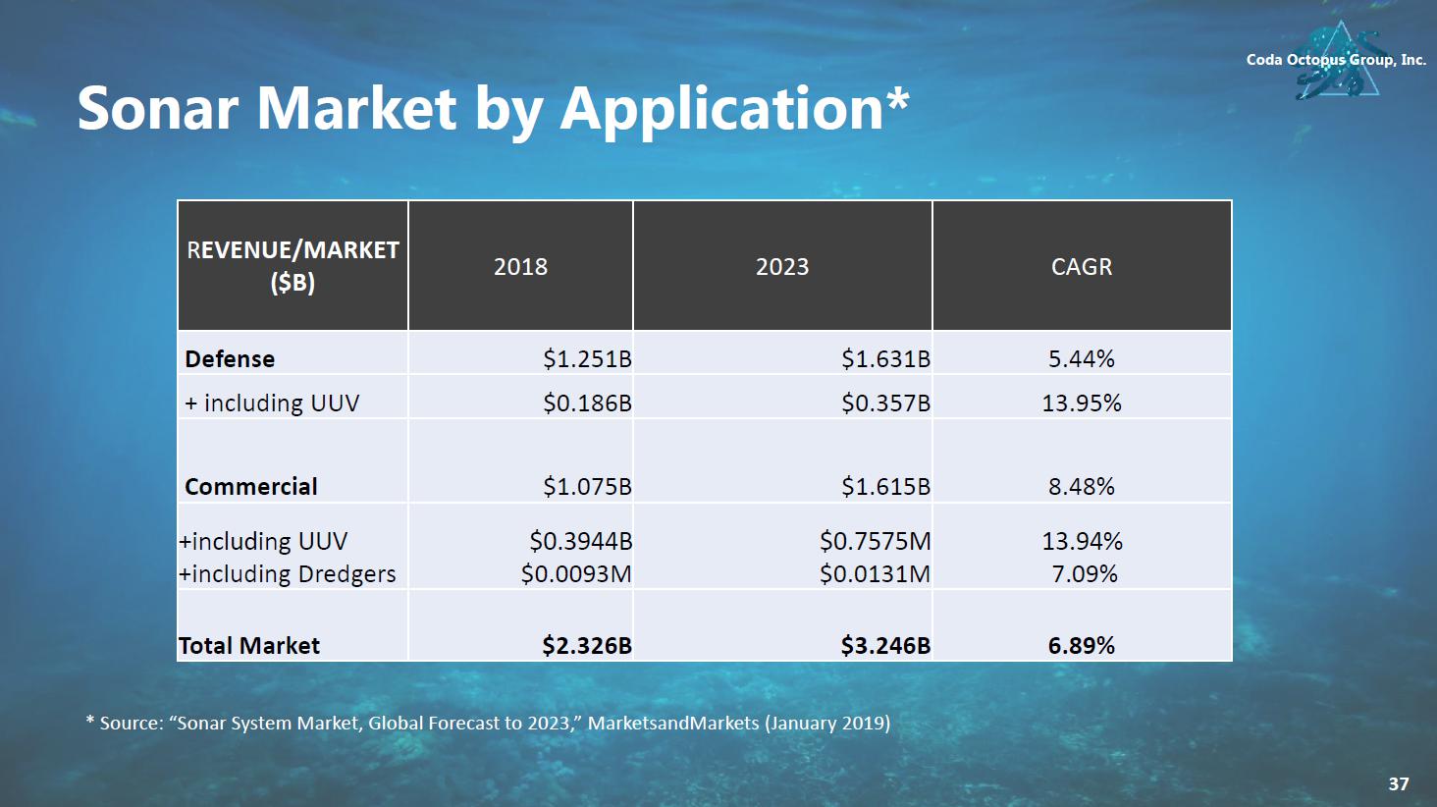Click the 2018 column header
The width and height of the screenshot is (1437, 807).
pos(520,266)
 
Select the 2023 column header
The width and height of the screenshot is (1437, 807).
pos(782,266)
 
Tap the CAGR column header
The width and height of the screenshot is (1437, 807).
pos(1082,266)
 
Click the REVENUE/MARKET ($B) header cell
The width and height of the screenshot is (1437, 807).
pos(293,266)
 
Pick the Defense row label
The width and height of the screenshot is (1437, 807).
pos(230,359)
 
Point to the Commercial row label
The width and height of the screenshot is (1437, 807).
pos(251,487)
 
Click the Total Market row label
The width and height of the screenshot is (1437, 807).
pos(249,646)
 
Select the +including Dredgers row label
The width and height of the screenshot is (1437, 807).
pos(288,574)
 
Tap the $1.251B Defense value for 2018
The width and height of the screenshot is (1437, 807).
pos(587,359)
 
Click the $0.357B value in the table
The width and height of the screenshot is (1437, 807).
pos(885,403)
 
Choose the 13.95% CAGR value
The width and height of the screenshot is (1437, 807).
pos(1082,403)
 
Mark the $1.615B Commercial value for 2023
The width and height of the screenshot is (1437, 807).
pos(885,487)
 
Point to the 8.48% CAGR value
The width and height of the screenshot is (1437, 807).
pos(1082,487)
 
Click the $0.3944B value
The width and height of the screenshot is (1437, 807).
pos(580,542)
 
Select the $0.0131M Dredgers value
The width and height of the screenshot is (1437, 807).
pos(875,574)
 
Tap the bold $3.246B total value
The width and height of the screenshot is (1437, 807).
pos(885,646)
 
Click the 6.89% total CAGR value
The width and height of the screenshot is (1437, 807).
pos(1082,646)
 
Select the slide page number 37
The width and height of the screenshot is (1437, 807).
pos(1399,783)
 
